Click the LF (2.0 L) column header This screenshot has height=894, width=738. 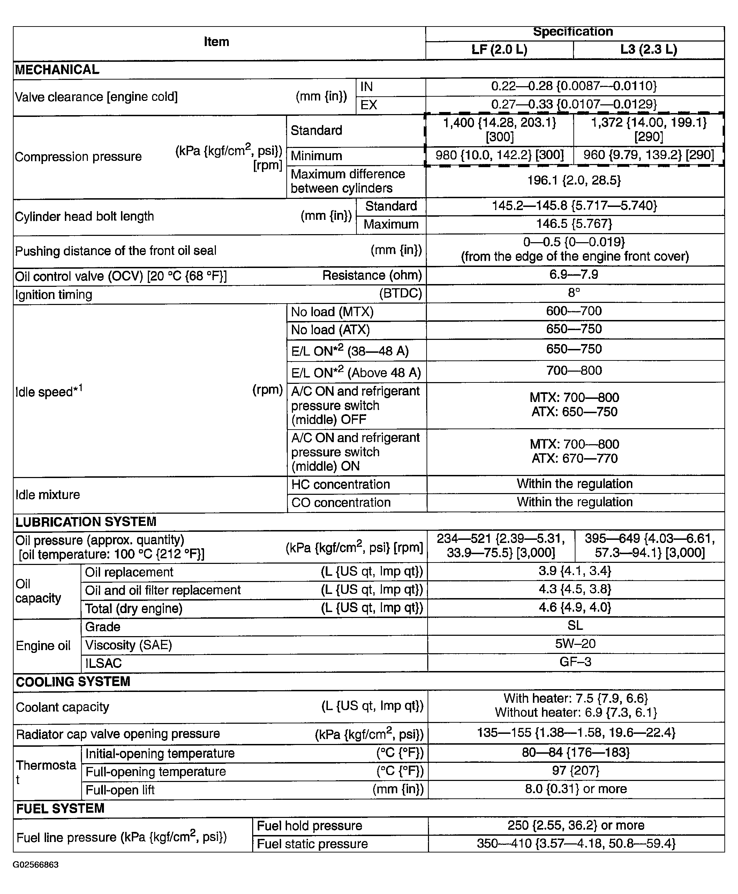click(499, 50)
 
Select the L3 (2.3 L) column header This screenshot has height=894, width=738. click(648, 50)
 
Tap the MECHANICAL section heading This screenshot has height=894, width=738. click(57, 70)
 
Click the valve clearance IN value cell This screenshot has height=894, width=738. click(574, 86)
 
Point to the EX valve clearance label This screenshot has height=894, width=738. click(369, 105)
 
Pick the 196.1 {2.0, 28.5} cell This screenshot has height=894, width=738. click(574, 181)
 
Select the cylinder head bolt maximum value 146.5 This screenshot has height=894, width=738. click(574, 224)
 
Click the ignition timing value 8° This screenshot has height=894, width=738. click(574, 293)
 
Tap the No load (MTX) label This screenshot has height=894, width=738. click(332, 312)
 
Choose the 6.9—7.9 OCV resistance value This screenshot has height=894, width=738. click(574, 275)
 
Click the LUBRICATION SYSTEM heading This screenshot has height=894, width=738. click(86, 522)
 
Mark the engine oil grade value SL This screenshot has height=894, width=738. click(575, 626)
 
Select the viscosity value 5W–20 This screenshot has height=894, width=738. click(575, 644)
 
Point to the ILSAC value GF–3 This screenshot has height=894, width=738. click(575, 662)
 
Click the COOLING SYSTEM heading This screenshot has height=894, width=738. click(73, 682)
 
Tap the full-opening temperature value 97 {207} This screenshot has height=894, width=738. click(575, 771)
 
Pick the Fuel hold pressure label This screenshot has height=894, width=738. click(309, 826)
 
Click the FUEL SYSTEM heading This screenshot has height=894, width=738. click(60, 809)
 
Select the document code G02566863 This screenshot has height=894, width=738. click(36, 865)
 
